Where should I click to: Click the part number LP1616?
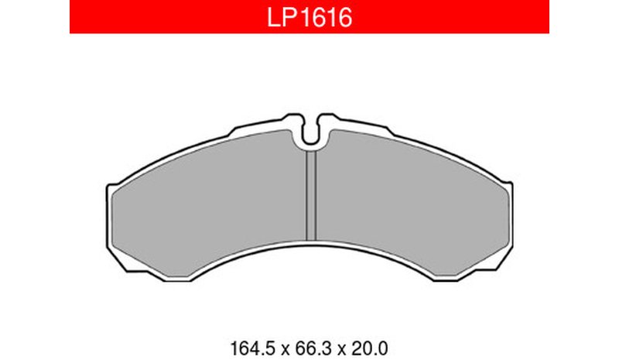point(309,18)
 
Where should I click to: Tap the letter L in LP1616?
point(273,18)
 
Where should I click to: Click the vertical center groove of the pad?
point(312,196)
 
